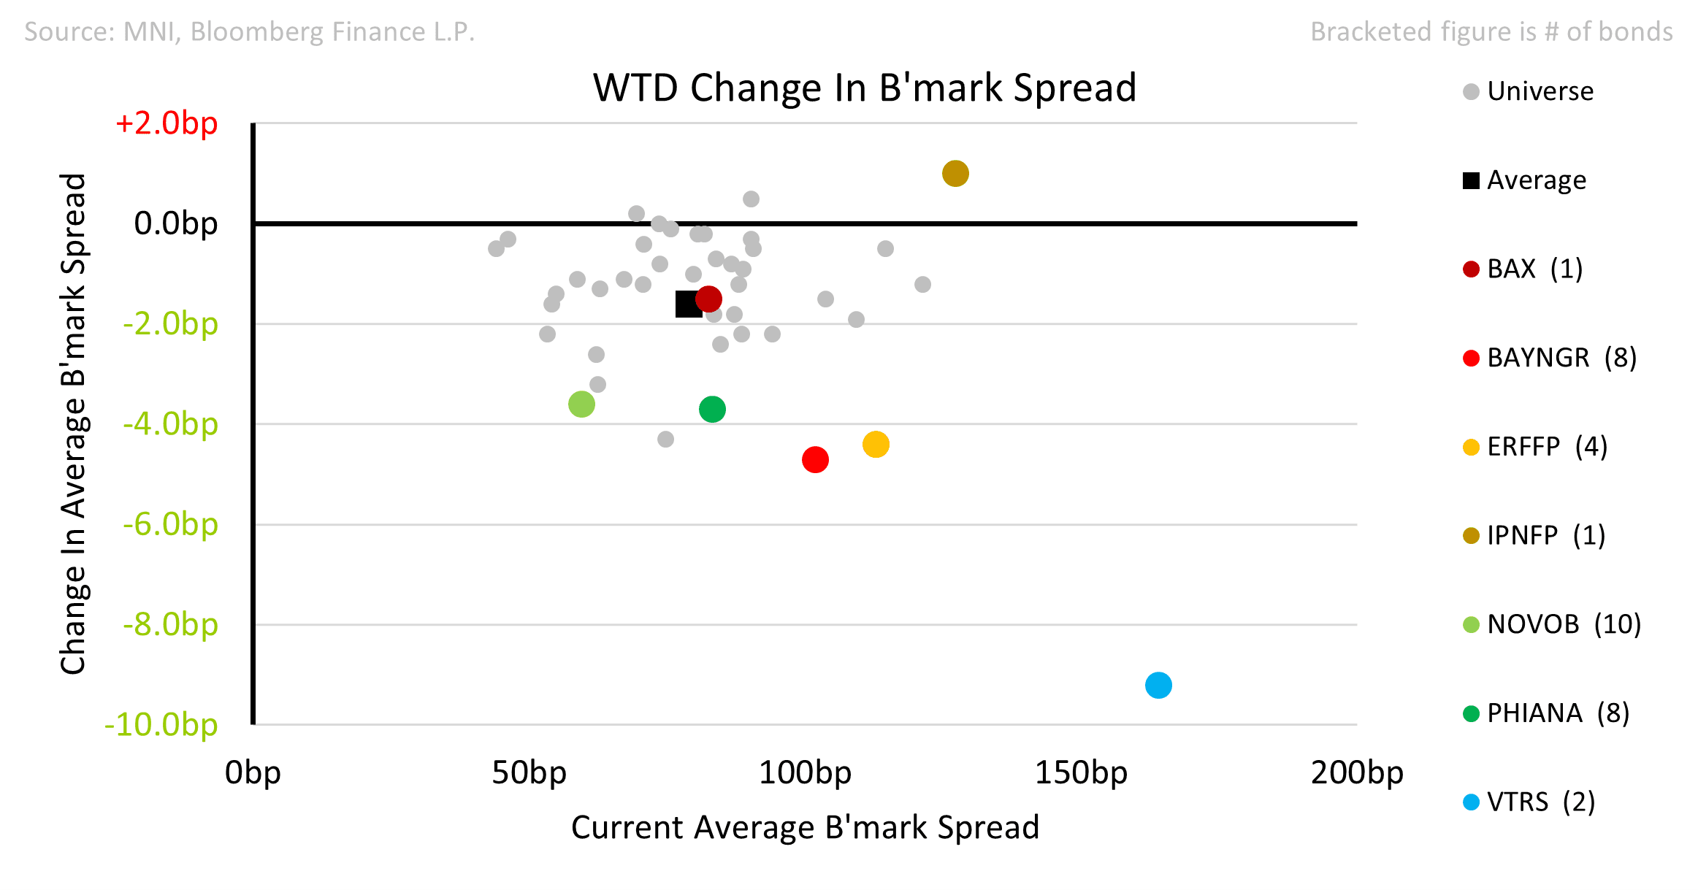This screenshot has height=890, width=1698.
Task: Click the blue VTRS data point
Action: (1158, 685)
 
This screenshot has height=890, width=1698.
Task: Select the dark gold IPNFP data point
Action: (955, 173)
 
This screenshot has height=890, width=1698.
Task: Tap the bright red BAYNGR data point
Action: (815, 459)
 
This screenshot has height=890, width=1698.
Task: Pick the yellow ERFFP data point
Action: (876, 444)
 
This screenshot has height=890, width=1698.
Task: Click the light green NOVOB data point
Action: (581, 404)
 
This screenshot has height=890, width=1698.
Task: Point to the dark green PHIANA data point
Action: (712, 409)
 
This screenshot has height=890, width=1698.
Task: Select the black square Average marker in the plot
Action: (688, 304)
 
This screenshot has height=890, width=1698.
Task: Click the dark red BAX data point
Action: (708, 298)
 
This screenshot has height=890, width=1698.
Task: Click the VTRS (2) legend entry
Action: (1529, 802)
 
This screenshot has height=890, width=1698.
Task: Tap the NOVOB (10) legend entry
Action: (1552, 624)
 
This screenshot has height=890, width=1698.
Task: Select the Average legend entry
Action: (1524, 180)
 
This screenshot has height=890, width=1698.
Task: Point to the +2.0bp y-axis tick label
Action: (167, 123)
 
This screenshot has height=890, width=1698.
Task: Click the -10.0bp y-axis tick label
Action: (161, 724)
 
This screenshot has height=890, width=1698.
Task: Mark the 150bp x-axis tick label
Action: (1081, 772)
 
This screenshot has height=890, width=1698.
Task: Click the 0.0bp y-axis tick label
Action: (176, 223)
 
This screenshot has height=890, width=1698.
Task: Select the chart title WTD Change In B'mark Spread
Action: (865, 88)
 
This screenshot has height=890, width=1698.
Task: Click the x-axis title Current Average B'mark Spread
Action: (805, 827)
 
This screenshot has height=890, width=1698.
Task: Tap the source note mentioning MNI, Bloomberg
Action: (250, 31)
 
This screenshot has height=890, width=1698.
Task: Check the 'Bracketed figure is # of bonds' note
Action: (1491, 31)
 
